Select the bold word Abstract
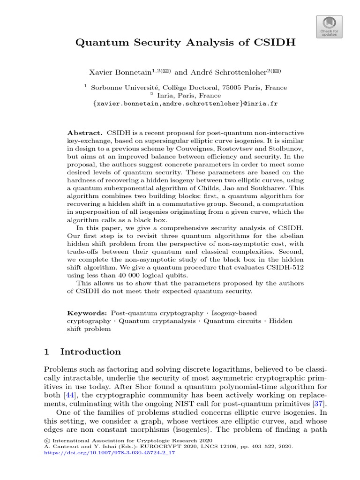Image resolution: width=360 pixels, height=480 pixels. pos(85,133)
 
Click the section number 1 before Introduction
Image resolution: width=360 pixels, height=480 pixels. pos(46,352)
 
